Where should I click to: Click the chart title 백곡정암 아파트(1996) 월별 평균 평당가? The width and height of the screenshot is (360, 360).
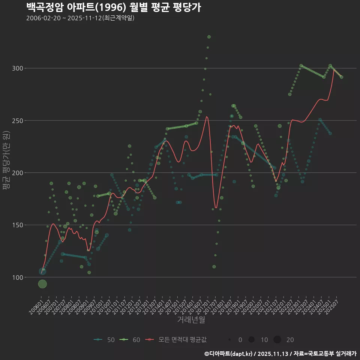pos(114,7)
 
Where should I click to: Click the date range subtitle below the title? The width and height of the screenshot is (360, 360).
pos(80,18)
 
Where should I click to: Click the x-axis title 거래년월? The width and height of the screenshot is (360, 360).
pos(191,320)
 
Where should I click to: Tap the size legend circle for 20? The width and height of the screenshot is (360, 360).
pos(277,340)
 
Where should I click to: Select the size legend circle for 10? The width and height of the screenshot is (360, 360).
pos(252,340)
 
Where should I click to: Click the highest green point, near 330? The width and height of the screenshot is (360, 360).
pos(209,37)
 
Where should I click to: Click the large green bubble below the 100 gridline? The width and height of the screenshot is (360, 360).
pos(42,284)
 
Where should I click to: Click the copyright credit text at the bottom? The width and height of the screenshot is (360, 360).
pos(280,354)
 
